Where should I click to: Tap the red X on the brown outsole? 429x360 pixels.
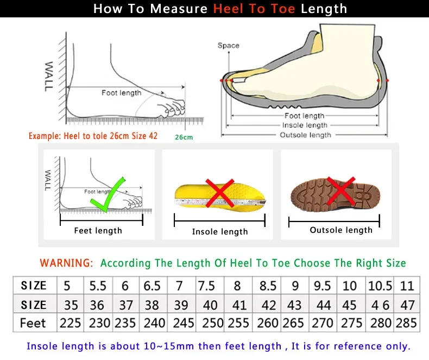(x=341, y=191)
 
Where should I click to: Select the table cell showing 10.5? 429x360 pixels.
(x=380, y=286)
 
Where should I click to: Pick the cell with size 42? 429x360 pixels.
(x=268, y=305)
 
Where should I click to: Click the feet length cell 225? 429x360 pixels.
(x=70, y=323)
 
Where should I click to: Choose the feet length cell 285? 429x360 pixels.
(x=407, y=323)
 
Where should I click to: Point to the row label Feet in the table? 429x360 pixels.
(x=33, y=323)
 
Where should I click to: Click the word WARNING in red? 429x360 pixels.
(x=66, y=263)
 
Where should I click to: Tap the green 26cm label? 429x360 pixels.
(x=184, y=137)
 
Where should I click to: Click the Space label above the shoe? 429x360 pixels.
(x=228, y=46)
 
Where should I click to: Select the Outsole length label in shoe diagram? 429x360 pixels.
(x=305, y=135)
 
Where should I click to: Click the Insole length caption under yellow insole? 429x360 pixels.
(x=220, y=232)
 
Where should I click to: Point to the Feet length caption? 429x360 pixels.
(x=98, y=231)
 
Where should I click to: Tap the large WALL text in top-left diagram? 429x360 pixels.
(x=49, y=76)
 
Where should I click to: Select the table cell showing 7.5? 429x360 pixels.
(x=207, y=286)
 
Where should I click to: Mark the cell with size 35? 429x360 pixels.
(x=70, y=305)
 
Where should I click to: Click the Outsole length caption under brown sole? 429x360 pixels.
(x=341, y=230)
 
